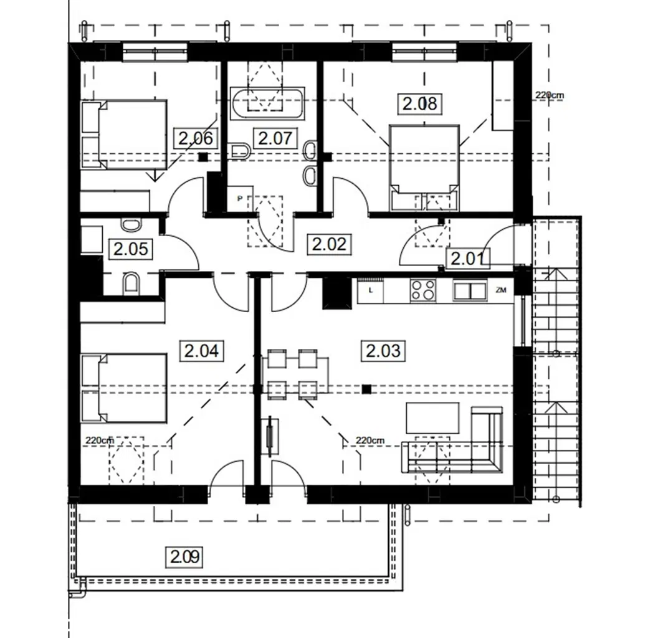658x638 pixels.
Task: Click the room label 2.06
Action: coord(196,138)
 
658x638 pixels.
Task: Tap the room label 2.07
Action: coord(275,138)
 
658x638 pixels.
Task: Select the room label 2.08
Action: coord(419,103)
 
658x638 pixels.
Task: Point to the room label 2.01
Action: coord(468,257)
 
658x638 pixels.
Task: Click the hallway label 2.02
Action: coord(328,244)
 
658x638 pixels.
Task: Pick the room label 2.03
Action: coord(383,351)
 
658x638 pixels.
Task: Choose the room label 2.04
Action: coord(201,351)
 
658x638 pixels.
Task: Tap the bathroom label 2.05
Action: coord(130,249)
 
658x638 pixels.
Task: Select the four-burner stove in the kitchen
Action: coord(424,290)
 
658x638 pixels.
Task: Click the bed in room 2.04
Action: coord(125,388)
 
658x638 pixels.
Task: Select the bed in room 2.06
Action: coord(125,134)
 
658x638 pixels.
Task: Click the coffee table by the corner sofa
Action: coord(432,417)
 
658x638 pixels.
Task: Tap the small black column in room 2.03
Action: coord(367,389)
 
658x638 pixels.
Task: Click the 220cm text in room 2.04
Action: coord(100,440)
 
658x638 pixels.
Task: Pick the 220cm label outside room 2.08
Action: coord(549,95)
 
